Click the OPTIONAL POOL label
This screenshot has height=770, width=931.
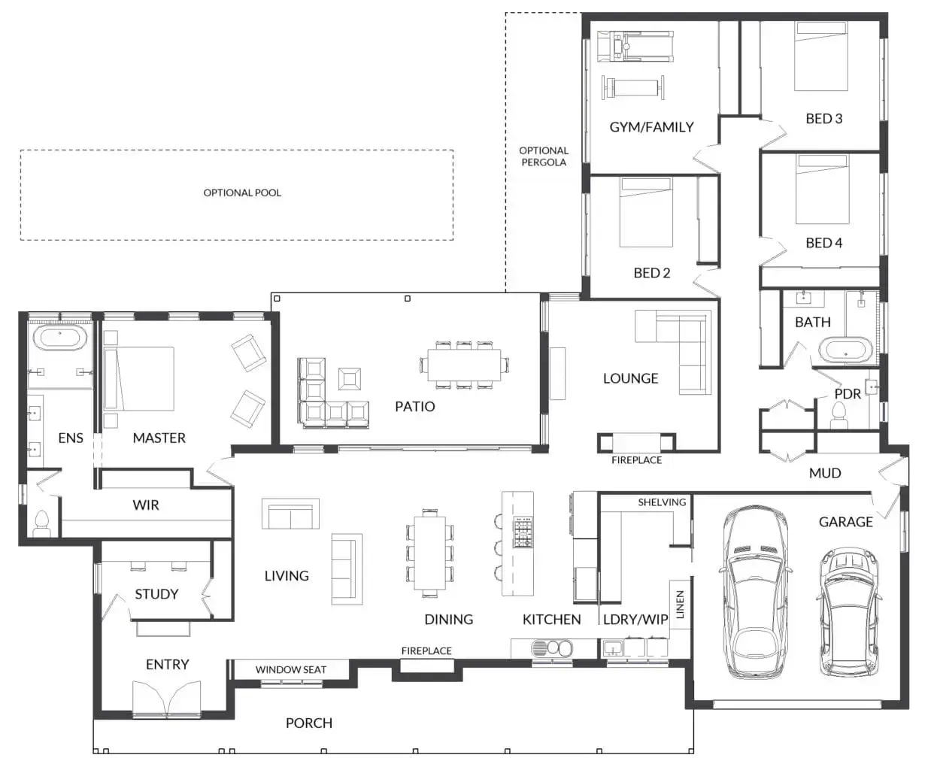pos(242,192)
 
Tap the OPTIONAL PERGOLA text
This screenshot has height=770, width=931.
pos(543,156)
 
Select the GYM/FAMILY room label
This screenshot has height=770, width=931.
pos(651,127)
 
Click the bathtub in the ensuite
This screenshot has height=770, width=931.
pos(62,337)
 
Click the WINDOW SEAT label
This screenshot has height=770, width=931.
pos(290,669)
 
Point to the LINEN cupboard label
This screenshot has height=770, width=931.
pos(681,605)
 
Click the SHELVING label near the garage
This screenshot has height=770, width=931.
pos(662,502)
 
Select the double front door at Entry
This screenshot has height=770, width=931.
pos(167,699)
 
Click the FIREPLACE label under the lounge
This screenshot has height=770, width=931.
pos(636,459)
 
